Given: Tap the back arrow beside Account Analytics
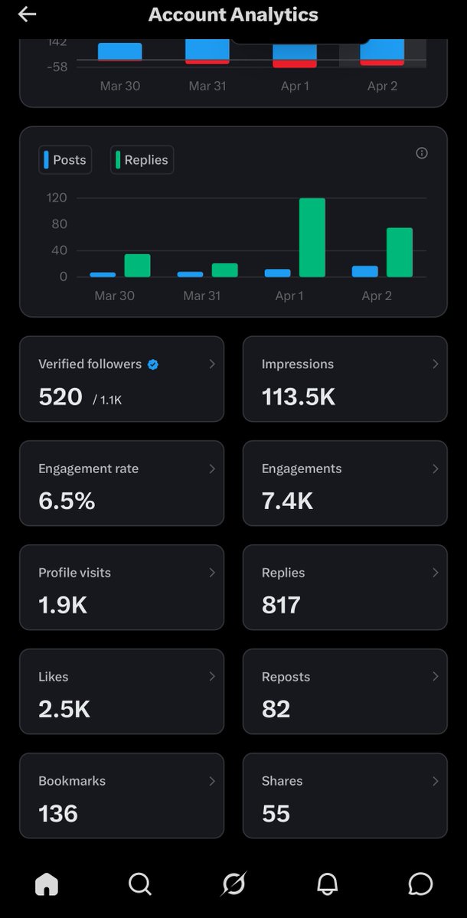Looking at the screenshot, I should tap(27, 15).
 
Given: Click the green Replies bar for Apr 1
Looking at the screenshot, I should tap(312, 237).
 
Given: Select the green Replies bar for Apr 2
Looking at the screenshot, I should tap(399, 253).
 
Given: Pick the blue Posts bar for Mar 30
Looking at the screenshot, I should tap(103, 274).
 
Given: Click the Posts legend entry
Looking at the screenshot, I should tap(65, 160).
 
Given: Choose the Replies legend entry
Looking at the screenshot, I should tap(142, 160).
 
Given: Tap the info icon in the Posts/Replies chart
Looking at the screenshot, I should tap(421, 153).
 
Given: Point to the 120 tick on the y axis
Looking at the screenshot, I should tap(57, 198).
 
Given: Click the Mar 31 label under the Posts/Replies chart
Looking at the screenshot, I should tap(201, 296).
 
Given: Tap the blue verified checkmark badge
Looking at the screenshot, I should tap(153, 364).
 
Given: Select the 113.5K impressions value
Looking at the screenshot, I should tap(299, 397).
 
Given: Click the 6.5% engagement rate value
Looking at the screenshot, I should tap(67, 501).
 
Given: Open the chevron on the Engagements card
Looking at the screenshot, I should tap(435, 469).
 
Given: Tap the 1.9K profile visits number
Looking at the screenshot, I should tap(63, 605).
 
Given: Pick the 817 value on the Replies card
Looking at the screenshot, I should tap(281, 605).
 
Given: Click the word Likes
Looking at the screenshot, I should tap(54, 677).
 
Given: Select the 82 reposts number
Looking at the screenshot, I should tap(276, 709).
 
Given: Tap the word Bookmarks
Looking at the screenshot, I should tap(72, 781).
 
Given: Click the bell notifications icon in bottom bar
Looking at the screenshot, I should tap(327, 884).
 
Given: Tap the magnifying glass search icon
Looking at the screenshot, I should tap(140, 884).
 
